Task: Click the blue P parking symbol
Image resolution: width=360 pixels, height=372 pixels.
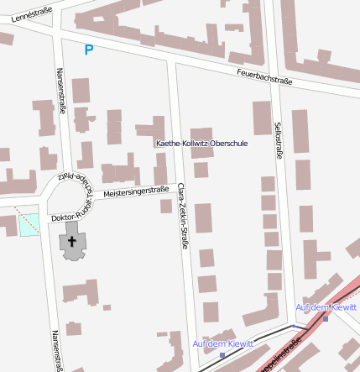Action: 89,50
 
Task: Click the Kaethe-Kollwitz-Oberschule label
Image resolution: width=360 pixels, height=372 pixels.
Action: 202,144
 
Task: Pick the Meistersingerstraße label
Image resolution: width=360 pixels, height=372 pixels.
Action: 136,192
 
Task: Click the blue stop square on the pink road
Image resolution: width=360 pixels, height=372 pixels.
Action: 325,317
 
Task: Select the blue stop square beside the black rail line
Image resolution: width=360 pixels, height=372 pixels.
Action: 222,354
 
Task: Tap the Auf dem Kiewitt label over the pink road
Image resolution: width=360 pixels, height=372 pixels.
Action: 326,307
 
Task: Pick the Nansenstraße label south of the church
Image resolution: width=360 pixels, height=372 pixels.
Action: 58,349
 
